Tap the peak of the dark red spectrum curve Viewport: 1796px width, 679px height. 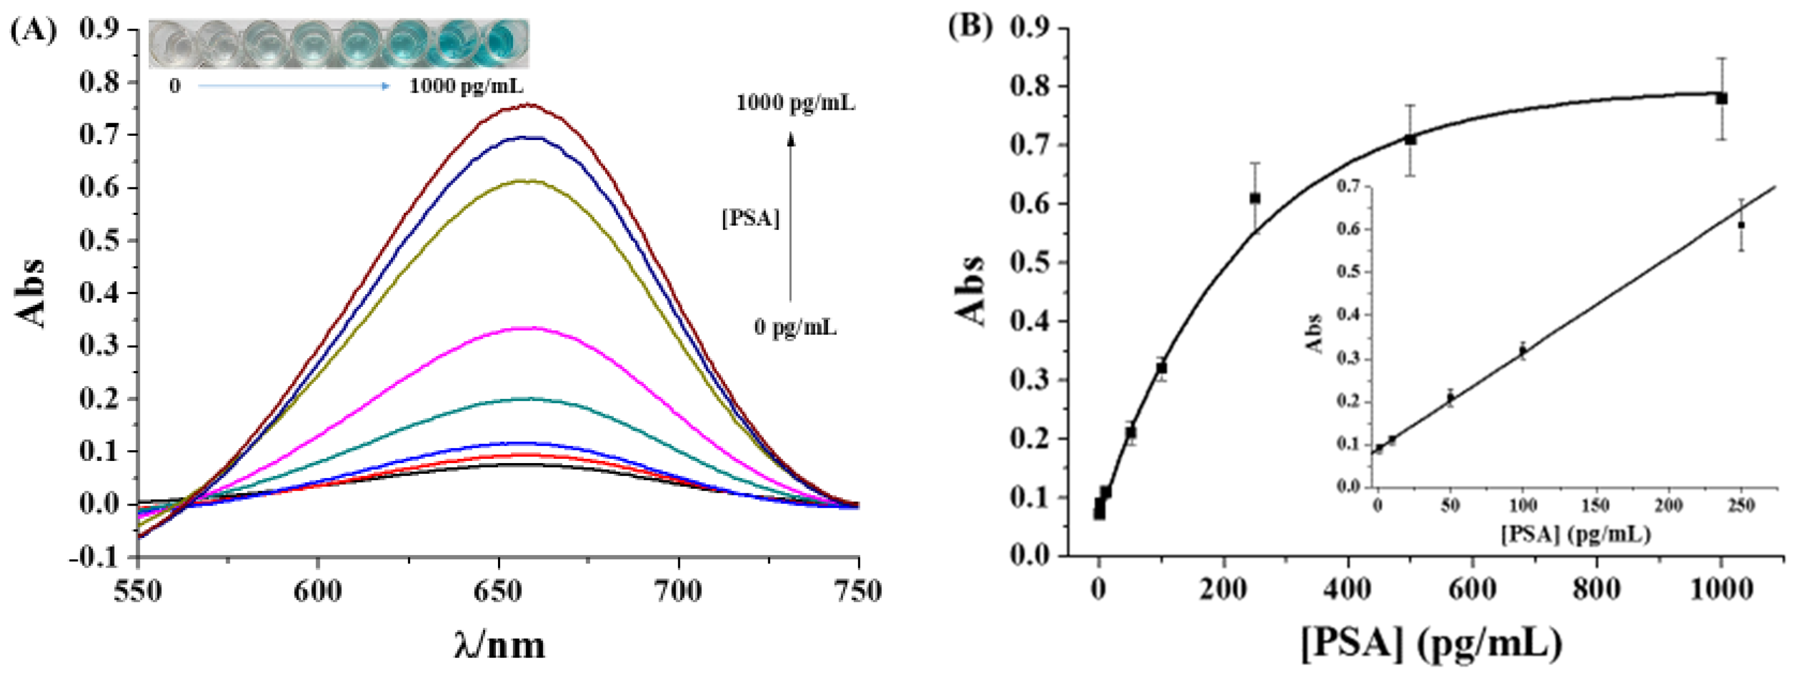coord(530,105)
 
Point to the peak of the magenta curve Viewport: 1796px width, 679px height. coord(530,327)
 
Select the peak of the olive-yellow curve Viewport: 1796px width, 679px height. coord(530,180)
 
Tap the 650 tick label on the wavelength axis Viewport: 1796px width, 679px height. coord(498,592)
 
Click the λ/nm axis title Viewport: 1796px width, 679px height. coord(499,645)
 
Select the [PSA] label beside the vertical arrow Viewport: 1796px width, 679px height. coord(750,219)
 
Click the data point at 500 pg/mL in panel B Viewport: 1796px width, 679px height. coord(1410,139)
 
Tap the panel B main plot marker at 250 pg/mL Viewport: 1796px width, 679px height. coord(1255,199)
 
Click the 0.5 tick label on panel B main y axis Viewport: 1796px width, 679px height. coord(1030,263)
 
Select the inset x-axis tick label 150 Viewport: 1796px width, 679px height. coord(1595,505)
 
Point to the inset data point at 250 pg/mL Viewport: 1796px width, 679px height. coord(1741,225)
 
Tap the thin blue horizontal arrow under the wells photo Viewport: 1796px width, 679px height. coord(293,86)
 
